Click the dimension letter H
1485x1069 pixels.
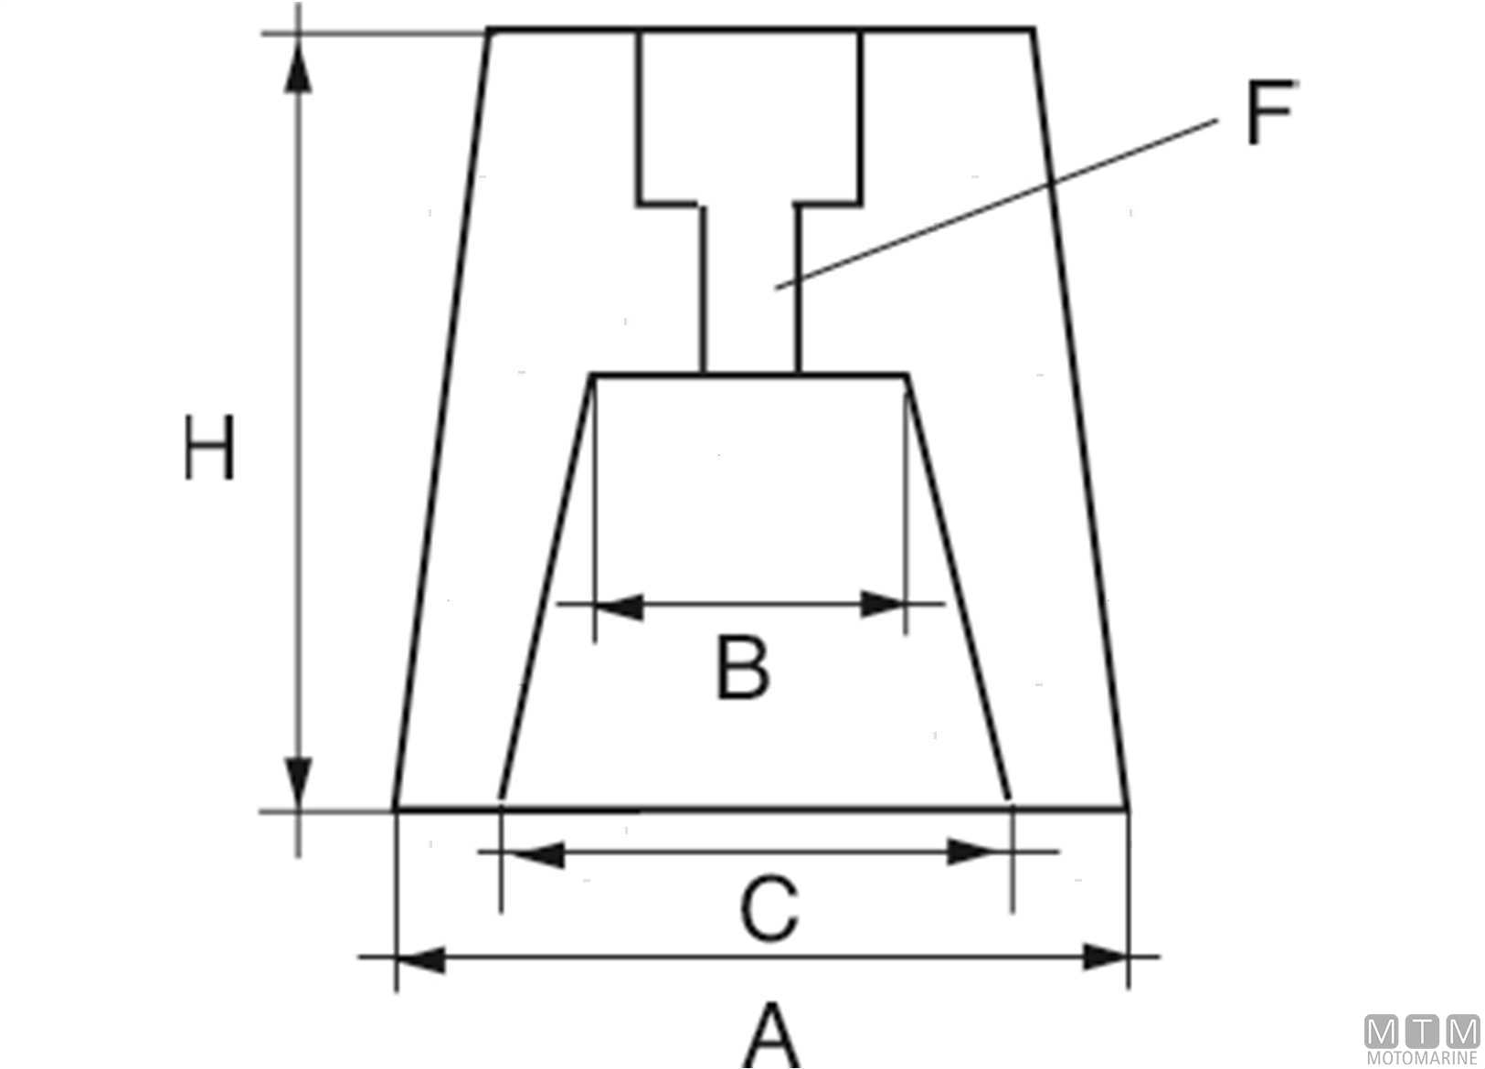pyautogui.click(x=209, y=448)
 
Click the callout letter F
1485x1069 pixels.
pyautogui.click(x=1270, y=113)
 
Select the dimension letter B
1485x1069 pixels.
pyautogui.click(x=741, y=668)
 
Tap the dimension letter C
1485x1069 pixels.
pyautogui.click(x=769, y=909)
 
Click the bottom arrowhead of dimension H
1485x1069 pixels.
pyautogui.click(x=298, y=781)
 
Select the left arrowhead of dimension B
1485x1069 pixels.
pyautogui.click(x=619, y=605)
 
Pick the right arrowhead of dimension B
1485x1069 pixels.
pyautogui.click(x=883, y=604)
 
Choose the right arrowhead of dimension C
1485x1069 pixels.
pyautogui.click(x=974, y=852)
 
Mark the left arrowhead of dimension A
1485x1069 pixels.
pyautogui.click(x=420, y=958)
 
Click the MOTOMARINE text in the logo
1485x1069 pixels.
pyautogui.click(x=1422, y=1058)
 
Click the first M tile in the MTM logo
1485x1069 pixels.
pyautogui.click(x=1381, y=1032)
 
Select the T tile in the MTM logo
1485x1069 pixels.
pyautogui.click(x=1422, y=1032)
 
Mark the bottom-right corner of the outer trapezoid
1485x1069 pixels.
pyautogui.click(x=1128, y=809)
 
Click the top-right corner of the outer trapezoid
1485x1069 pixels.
pyautogui.click(x=1033, y=30)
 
